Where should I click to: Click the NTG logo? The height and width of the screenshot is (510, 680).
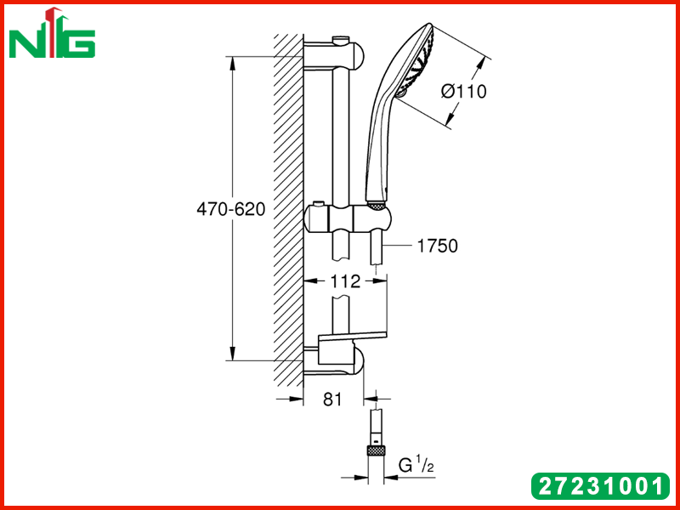point(52,33)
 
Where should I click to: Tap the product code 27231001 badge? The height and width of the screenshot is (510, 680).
point(601,485)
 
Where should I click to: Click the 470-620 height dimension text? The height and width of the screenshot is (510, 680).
point(230,209)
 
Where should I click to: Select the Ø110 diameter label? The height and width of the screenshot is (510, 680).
point(463,92)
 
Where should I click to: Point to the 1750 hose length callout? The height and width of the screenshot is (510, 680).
point(437,246)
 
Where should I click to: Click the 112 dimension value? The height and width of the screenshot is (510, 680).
point(345,282)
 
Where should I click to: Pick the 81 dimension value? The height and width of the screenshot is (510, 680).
point(332,399)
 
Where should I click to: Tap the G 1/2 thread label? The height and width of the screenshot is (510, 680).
point(416,465)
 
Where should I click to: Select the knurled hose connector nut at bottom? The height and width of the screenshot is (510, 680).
point(376,450)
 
